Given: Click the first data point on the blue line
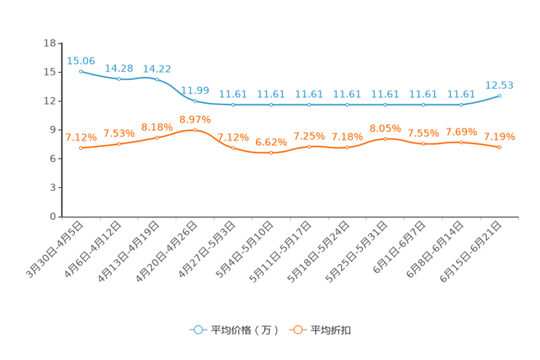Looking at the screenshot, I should click(x=81, y=70).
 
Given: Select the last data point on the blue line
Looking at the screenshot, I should click(x=499, y=96).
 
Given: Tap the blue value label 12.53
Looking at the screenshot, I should click(x=499, y=85).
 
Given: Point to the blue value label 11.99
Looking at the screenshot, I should click(x=195, y=90).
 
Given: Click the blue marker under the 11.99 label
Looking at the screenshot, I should click(x=195, y=101).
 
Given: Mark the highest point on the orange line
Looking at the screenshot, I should click(x=195, y=130).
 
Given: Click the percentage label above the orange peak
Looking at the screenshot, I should click(x=195, y=119).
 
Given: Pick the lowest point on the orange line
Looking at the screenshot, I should click(x=271, y=153).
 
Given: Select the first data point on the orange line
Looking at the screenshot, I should click(x=81, y=148).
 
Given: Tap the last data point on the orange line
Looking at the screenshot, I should click(x=499, y=147).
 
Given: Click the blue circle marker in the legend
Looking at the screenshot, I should click(x=197, y=330).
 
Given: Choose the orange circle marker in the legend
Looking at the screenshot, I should click(x=297, y=330).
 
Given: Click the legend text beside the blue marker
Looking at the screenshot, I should click(x=244, y=330).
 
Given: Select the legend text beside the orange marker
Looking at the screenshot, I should click(x=332, y=330).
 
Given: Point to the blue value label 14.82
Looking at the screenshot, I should click(x=157, y=68).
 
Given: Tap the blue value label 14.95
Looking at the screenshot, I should click(x=118, y=67).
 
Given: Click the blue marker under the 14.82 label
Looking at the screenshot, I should click(x=157, y=78).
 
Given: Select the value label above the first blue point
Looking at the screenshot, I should click(x=81, y=60).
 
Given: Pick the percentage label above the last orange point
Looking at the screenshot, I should click(x=499, y=136).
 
